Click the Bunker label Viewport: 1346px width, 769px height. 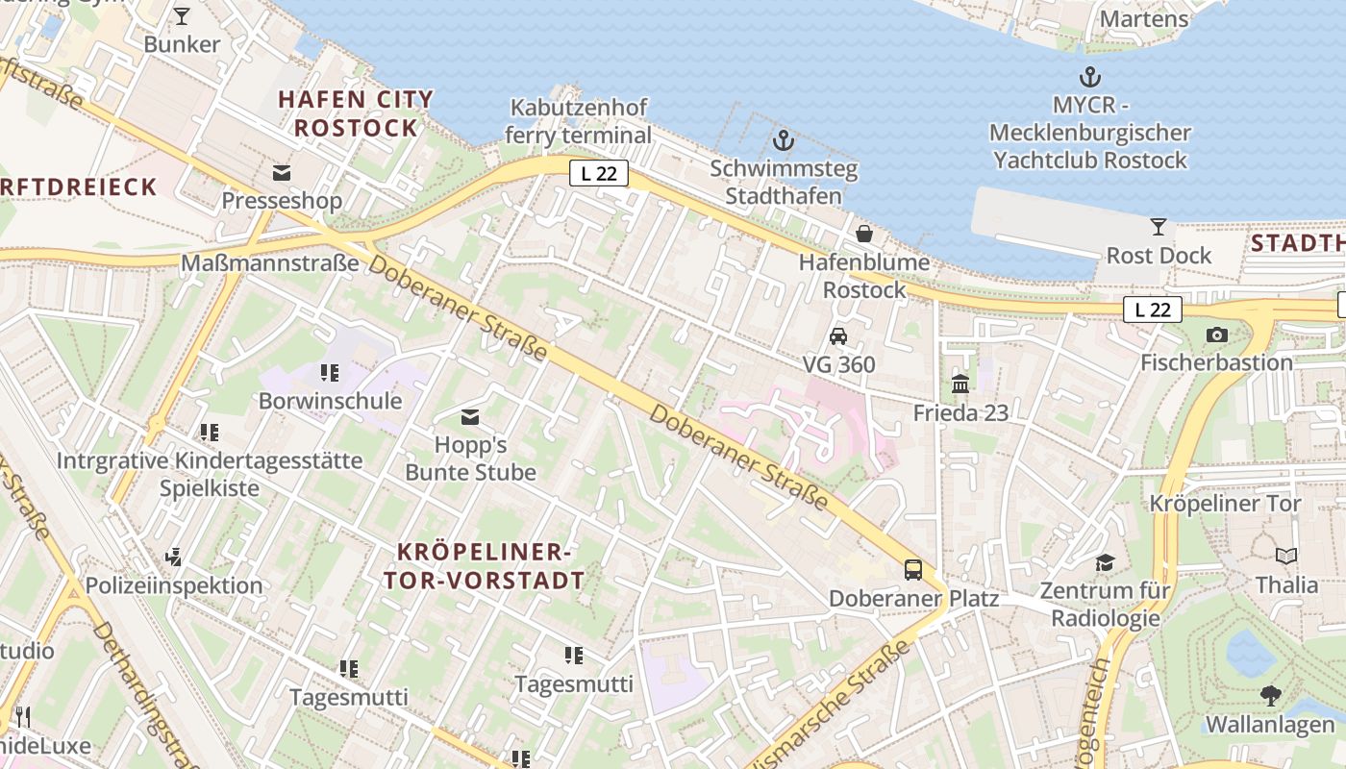[182, 44]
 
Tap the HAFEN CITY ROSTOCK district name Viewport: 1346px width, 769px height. [356, 113]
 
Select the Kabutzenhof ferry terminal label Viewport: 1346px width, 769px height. [579, 121]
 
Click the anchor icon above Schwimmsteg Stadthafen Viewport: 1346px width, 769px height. [784, 140]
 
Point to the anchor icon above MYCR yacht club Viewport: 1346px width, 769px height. [1089, 78]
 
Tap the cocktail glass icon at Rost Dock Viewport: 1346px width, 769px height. [1159, 227]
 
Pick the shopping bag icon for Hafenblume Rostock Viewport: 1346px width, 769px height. [864, 234]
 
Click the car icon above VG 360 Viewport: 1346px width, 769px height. [838, 336]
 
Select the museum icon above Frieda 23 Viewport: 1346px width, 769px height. [960, 384]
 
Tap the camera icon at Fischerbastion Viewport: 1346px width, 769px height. [1216, 335]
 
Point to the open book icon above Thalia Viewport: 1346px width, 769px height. [1286, 556]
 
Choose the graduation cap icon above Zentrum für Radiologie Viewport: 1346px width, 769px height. [1105, 562]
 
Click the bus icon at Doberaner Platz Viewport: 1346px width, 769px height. [912, 570]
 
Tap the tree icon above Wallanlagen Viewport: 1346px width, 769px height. [1271, 695]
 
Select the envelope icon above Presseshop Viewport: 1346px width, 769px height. [282, 173]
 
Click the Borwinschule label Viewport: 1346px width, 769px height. [330, 401]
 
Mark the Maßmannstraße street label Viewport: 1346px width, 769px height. [270, 262]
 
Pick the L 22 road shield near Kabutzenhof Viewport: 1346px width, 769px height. [599, 173]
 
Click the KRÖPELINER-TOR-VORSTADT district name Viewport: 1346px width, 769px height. [485, 566]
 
